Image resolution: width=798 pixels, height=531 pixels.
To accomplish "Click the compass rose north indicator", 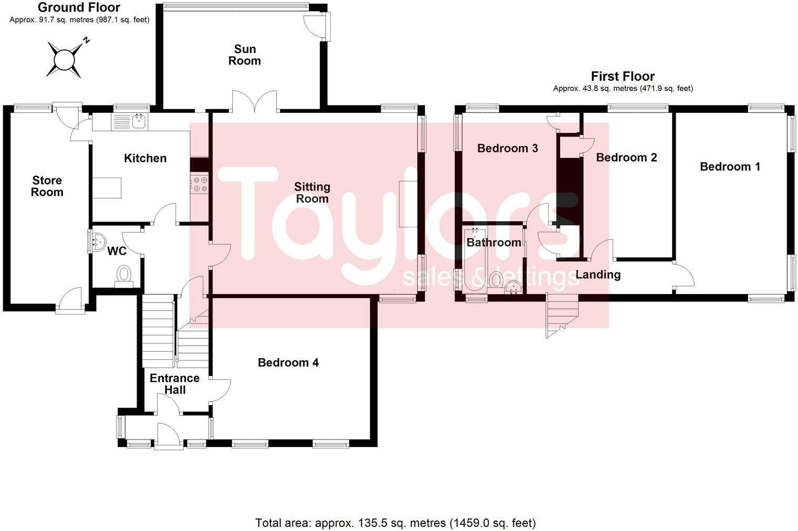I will (87, 40).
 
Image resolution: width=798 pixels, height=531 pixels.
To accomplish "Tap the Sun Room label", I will (245, 55).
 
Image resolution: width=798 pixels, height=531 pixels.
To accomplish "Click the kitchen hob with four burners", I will (199, 184).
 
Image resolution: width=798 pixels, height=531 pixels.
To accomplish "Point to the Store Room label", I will (47, 186).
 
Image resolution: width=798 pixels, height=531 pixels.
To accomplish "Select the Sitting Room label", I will (312, 192).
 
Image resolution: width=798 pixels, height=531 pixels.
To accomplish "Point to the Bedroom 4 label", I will (288, 362).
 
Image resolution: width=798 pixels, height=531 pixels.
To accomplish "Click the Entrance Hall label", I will (174, 384).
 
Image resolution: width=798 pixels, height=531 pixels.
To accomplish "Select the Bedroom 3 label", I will (507, 148).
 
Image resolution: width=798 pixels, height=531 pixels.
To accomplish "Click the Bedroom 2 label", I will (626, 157).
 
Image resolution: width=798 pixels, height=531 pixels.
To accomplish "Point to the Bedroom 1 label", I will (730, 166).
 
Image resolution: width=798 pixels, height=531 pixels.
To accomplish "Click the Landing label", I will (598, 274).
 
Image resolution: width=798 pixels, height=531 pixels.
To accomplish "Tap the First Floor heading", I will (623, 76).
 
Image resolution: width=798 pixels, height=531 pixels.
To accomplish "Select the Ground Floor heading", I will (79, 7).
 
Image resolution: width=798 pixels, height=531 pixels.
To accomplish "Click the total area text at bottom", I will (395, 523).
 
